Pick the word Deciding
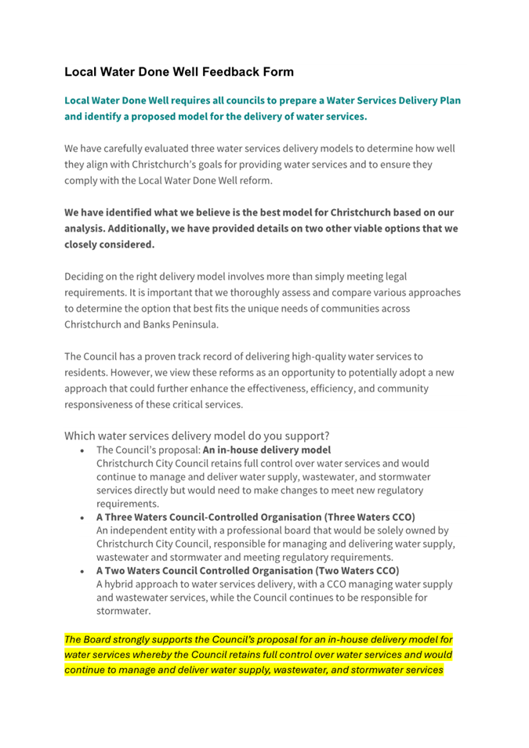coord(88,276)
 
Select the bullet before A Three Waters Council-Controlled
coord(83,518)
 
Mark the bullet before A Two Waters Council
coord(83,570)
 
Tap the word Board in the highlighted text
coord(102,640)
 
